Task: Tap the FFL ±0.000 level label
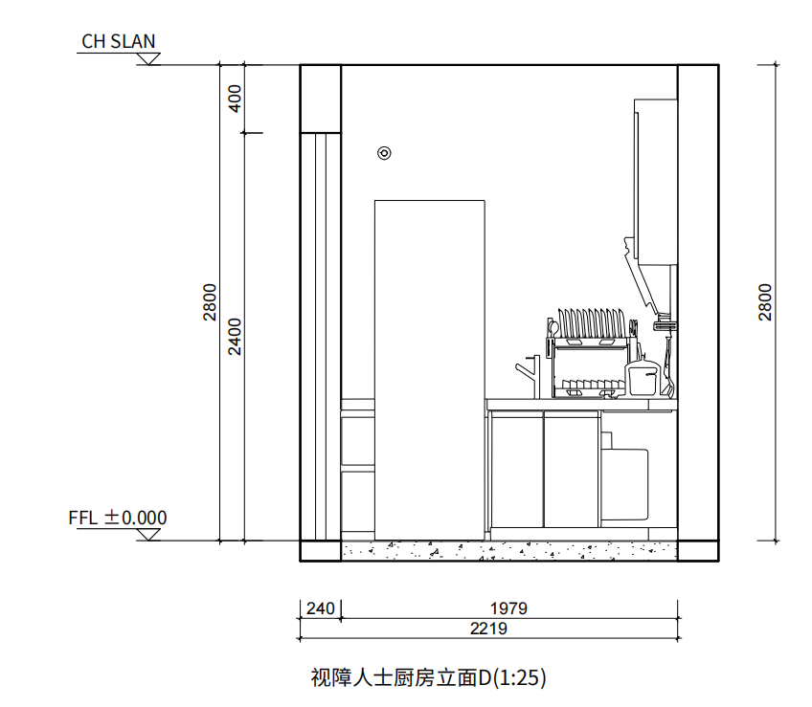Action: (118, 518)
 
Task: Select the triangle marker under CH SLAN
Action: (148, 58)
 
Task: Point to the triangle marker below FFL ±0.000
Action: (148, 534)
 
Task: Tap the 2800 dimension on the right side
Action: (766, 302)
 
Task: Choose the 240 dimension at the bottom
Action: (320, 608)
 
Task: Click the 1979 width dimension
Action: (508, 608)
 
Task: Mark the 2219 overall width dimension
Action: (488, 629)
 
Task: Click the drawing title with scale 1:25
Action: (428, 678)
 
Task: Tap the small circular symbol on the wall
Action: (384, 152)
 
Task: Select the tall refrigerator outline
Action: (429, 368)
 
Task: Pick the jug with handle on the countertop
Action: (643, 378)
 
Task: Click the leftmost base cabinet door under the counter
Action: (517, 469)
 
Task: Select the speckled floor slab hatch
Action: (508, 550)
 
